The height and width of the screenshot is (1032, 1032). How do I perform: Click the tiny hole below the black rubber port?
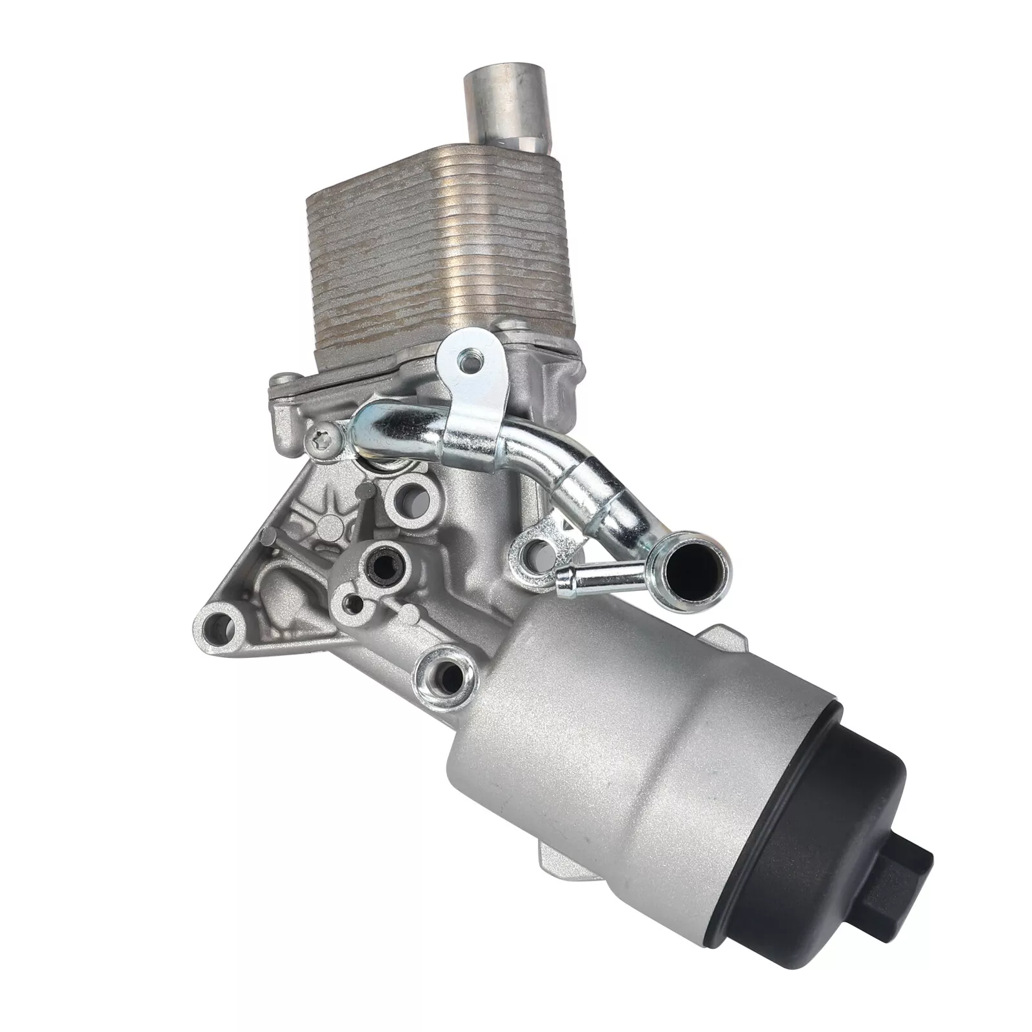pos(352,604)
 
